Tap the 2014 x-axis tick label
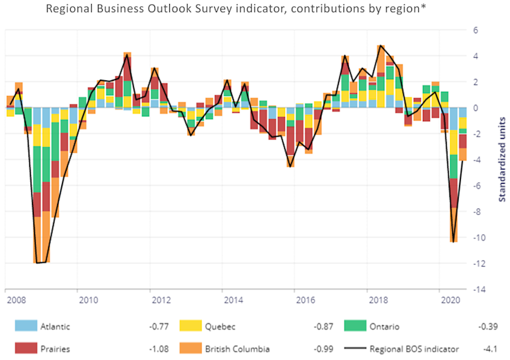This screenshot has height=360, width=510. pyautogui.click(x=232, y=299)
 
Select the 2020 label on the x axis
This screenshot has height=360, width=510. pyautogui.click(x=449, y=299)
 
